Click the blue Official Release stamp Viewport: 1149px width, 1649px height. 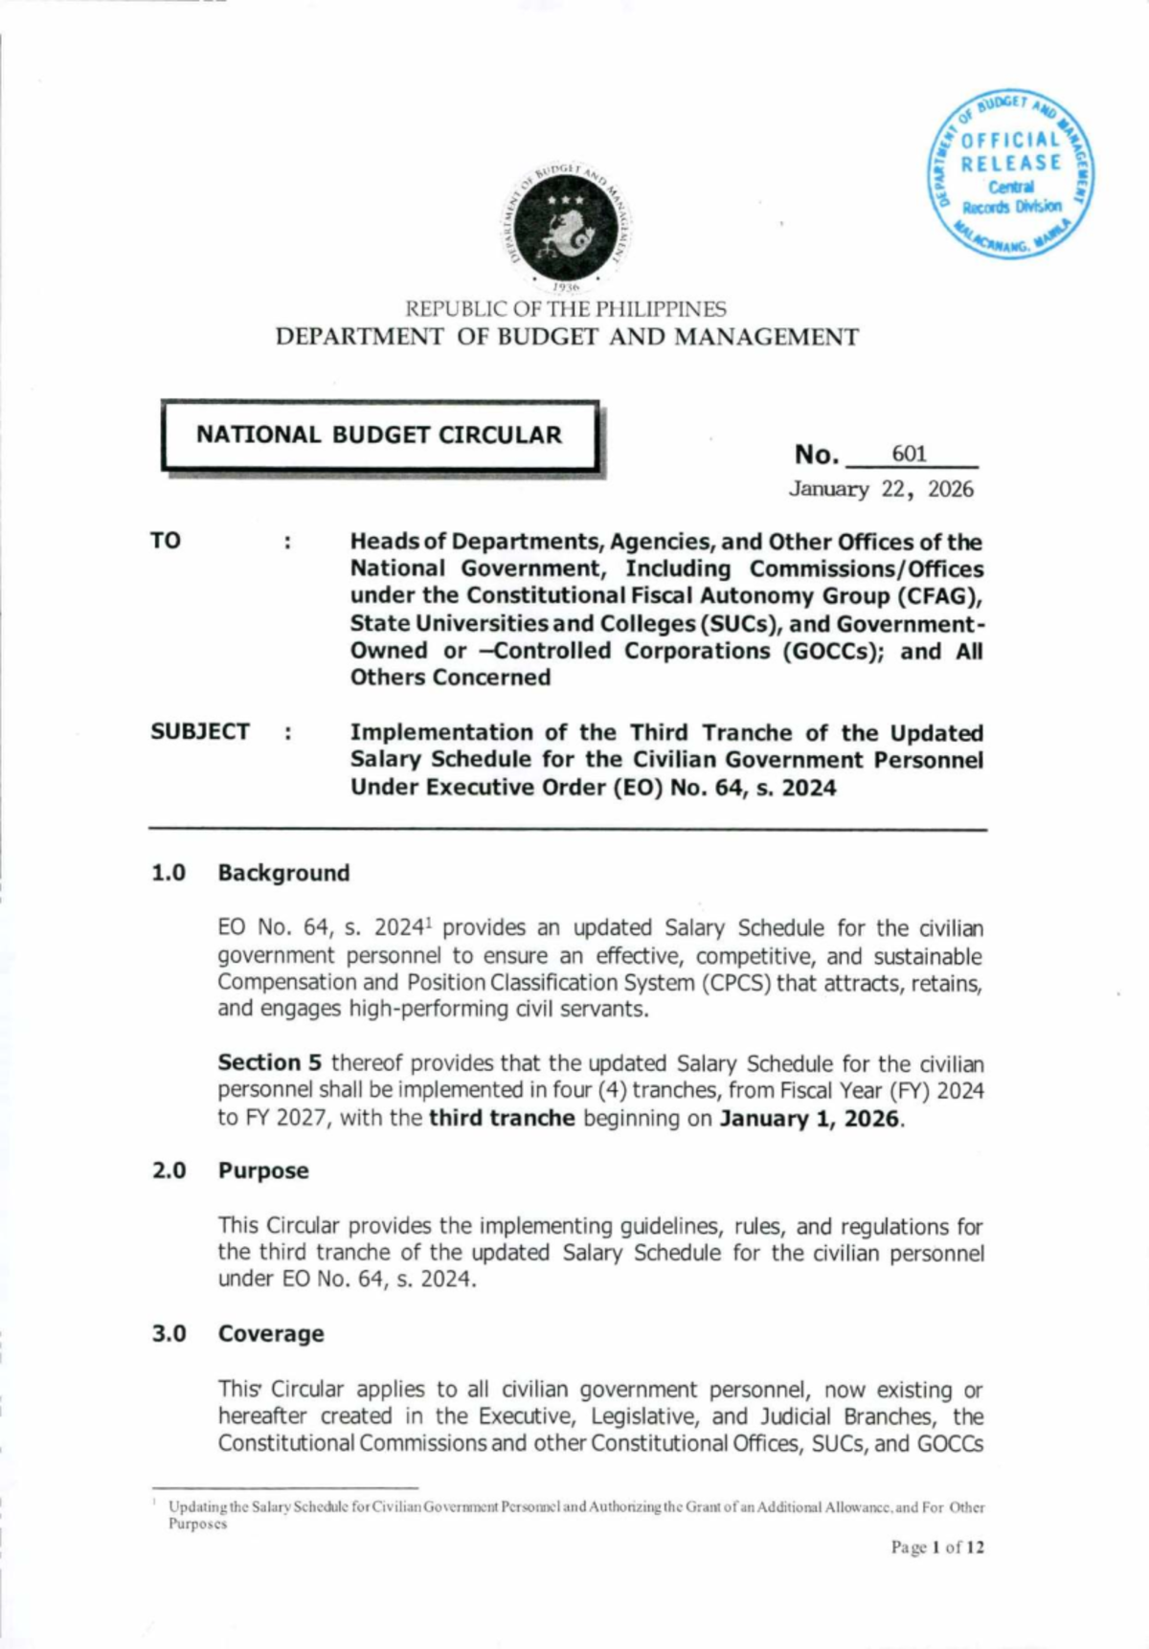tap(1012, 175)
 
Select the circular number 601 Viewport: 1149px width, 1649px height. tap(909, 454)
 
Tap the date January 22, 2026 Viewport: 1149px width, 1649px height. tap(880, 489)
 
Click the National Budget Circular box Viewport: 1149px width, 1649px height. tap(379, 435)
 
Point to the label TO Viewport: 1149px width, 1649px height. tap(165, 541)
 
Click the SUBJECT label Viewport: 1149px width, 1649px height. tap(199, 731)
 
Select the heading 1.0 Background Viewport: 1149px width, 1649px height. tap(251, 873)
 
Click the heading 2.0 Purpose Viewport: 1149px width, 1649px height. tap(231, 1170)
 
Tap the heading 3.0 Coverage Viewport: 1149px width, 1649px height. tap(238, 1333)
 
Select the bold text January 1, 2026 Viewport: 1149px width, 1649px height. tap(809, 1118)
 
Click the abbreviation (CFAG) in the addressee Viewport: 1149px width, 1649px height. tap(938, 595)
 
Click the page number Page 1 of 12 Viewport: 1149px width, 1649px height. tap(936, 1548)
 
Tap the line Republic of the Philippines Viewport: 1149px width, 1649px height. tap(566, 309)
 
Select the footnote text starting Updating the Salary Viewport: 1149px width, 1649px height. tap(575, 1507)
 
